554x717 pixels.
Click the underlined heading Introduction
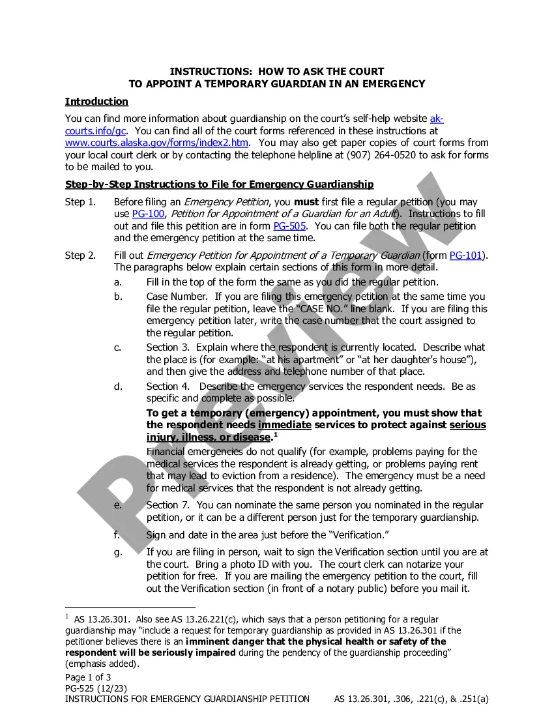pyautogui.click(x=96, y=102)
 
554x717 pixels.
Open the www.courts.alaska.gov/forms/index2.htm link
pyautogui.click(x=156, y=143)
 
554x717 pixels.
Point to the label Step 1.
pyautogui.click(x=80, y=202)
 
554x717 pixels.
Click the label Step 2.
pyautogui.click(x=80, y=256)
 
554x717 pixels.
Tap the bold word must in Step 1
pyautogui.click(x=306, y=202)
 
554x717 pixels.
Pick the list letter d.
pyautogui.click(x=117, y=387)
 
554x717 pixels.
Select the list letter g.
pyautogui.click(x=117, y=552)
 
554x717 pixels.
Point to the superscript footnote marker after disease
pyautogui.click(x=275, y=434)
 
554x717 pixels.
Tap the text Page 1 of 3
pyautogui.click(x=88, y=677)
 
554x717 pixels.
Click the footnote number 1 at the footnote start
pyautogui.click(x=66, y=617)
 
